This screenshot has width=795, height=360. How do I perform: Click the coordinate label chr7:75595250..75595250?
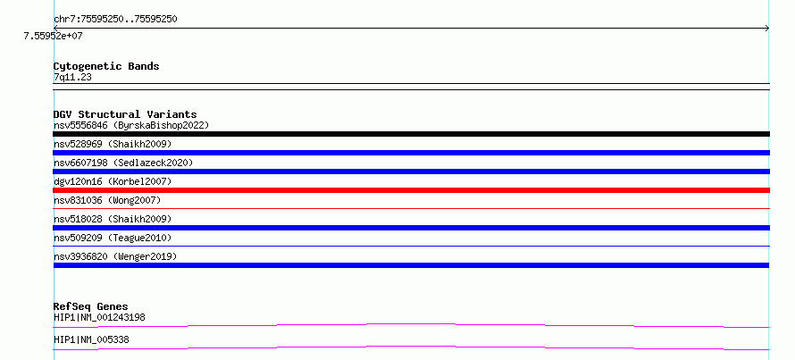[115, 20]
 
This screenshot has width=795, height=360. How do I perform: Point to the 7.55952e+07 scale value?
[54, 36]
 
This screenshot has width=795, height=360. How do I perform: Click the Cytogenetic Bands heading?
[106, 66]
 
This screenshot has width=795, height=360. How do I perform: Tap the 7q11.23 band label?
[72, 77]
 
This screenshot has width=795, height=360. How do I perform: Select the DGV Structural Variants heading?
[125, 114]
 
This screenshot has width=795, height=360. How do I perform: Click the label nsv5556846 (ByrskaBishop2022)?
[131, 125]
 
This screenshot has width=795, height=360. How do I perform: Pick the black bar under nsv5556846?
[411, 134]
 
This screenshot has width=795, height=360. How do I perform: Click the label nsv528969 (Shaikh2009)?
[113, 144]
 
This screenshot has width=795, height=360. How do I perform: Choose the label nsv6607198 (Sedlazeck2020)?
[123, 163]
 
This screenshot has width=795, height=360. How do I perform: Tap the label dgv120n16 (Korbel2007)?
[113, 181]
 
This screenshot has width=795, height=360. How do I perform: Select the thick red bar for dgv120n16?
[411, 190]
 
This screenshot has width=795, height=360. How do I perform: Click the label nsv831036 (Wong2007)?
[107, 200]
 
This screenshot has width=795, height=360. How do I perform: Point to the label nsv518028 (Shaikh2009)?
[113, 219]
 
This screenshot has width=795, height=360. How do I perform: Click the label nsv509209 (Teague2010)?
[113, 238]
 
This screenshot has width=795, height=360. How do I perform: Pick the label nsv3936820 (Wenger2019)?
[115, 256]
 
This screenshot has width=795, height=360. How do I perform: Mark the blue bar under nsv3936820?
[411, 265]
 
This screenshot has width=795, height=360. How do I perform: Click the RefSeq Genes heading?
[91, 306]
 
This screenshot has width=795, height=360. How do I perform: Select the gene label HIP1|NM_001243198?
[99, 318]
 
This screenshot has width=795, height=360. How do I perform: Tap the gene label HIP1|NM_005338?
[91, 339]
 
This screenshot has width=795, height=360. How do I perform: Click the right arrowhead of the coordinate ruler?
[768, 29]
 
